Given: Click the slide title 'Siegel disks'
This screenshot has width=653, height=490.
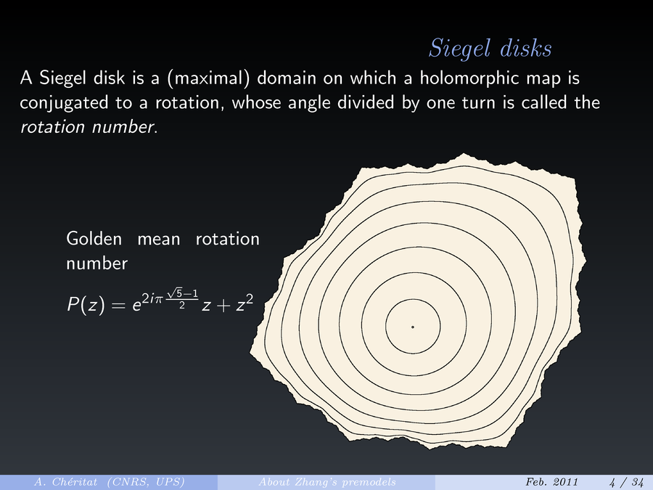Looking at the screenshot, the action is [x=490, y=49].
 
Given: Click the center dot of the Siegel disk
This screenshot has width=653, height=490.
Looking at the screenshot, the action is [x=413, y=327].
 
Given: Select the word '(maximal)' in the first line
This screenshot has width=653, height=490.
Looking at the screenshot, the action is [x=208, y=78].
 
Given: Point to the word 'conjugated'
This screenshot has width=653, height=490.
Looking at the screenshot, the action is [x=64, y=103].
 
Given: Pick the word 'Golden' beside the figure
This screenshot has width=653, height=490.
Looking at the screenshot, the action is [x=94, y=239].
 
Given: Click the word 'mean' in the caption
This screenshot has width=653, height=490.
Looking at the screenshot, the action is [x=159, y=240].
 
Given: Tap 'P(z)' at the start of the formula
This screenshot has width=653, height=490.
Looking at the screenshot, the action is [x=86, y=305].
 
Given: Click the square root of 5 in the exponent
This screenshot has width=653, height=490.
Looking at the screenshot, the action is [x=174, y=293].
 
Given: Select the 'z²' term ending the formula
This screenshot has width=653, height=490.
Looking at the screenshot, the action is [x=245, y=303].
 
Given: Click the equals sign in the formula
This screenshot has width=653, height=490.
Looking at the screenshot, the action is [x=118, y=306].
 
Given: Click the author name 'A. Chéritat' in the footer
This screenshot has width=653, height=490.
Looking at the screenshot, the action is [x=65, y=482].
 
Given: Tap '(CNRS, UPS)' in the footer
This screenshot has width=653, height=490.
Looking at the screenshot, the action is [x=146, y=482].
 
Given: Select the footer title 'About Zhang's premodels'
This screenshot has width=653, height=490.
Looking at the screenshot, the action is [x=327, y=482].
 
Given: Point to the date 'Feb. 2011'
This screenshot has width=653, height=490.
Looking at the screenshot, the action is [x=552, y=482].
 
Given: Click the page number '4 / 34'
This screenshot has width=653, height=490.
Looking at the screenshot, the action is [x=626, y=482].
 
